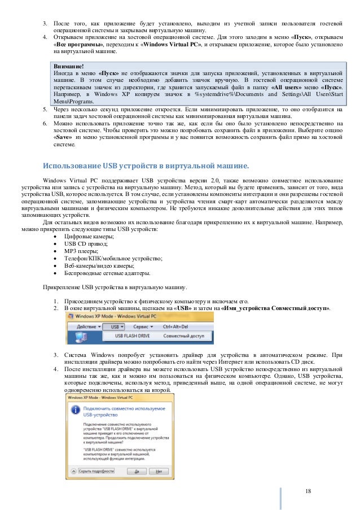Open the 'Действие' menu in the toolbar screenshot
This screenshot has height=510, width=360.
tap(87, 326)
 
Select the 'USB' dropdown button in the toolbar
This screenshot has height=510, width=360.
tap(117, 326)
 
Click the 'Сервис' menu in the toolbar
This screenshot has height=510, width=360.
tap(144, 326)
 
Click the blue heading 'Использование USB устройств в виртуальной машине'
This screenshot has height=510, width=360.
tap(146, 165)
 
